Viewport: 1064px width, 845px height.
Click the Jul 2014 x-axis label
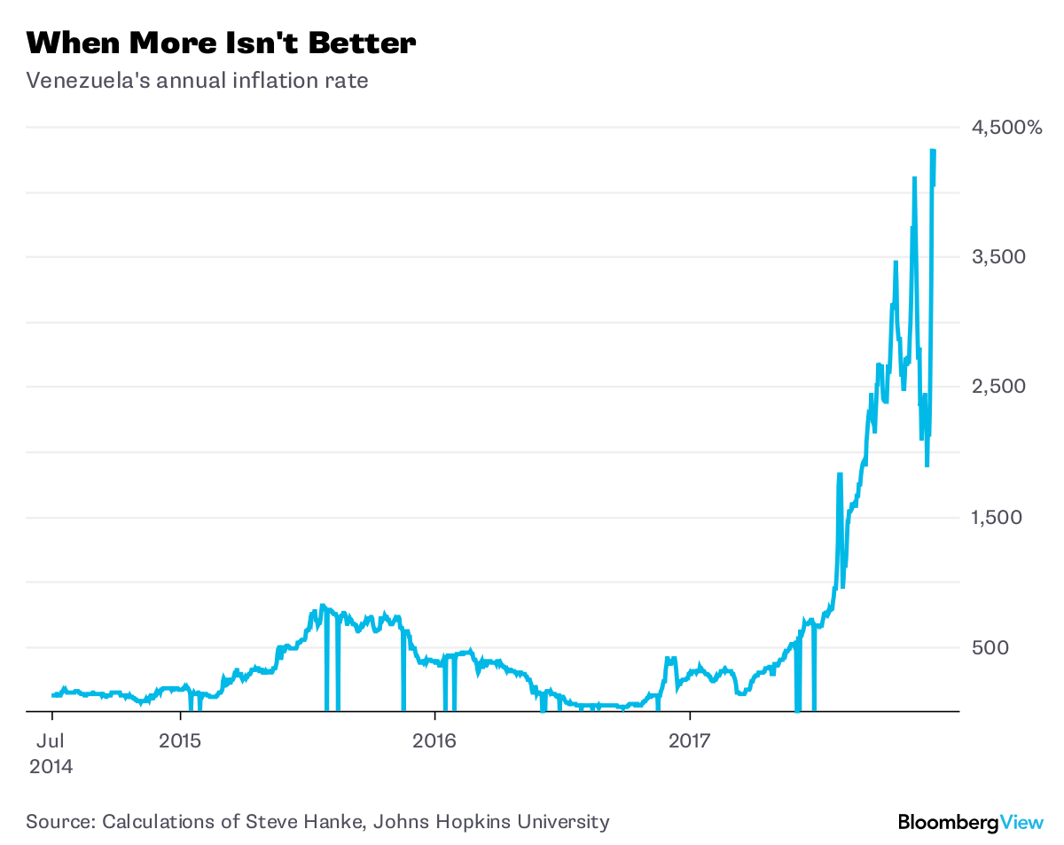(x=51, y=753)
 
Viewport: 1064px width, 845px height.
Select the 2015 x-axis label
(x=181, y=740)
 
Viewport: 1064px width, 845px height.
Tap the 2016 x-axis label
(x=434, y=740)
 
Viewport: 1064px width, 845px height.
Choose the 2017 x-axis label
(x=689, y=740)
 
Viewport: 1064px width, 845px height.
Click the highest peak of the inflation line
(x=933, y=152)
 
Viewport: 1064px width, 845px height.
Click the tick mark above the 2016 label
(x=434, y=716)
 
